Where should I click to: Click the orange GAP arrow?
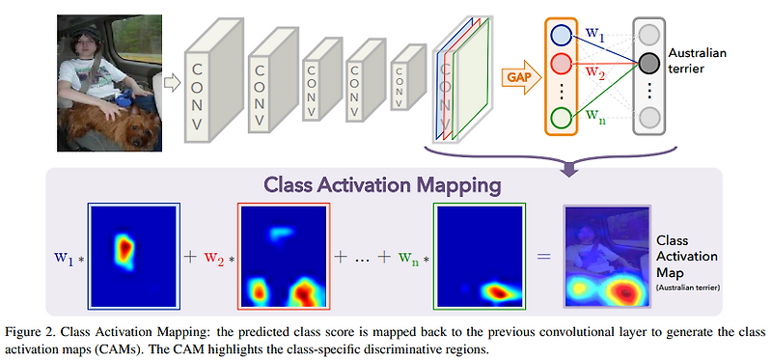521,73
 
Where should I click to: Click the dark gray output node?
648,65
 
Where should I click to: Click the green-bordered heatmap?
479,254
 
